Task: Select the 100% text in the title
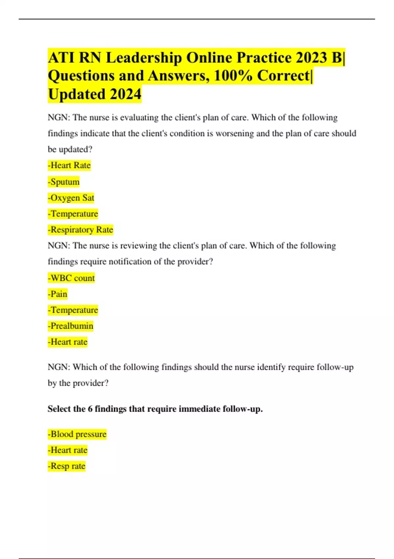(233, 76)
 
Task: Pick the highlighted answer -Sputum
(64, 182)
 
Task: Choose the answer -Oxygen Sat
(71, 198)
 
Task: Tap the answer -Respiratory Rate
(80, 230)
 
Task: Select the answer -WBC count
(71, 278)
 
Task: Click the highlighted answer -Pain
(57, 294)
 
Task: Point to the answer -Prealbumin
(71, 326)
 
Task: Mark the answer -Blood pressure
(77, 434)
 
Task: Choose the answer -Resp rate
(67, 466)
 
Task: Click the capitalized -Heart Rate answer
(69, 165)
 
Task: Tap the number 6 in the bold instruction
(90, 409)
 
